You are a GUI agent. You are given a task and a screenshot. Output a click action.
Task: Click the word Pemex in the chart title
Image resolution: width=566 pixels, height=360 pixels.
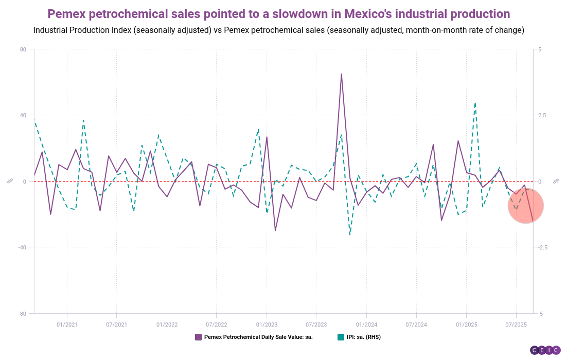click(69, 14)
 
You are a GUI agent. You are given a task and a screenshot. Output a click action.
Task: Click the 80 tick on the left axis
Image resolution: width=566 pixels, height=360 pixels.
click(23, 49)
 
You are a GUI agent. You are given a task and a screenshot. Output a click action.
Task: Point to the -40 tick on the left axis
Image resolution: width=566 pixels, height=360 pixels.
click(22, 247)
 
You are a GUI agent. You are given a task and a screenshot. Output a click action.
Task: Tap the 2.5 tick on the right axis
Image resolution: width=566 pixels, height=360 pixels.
click(542, 115)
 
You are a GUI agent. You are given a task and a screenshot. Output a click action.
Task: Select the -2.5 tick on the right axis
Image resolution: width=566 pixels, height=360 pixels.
click(543, 247)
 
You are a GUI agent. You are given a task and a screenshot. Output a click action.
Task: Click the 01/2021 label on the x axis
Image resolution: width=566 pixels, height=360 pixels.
click(67, 325)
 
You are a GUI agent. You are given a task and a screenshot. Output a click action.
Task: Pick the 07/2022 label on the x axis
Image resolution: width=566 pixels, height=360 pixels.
click(216, 325)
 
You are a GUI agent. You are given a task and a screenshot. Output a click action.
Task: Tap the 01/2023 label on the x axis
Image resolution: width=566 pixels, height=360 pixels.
click(266, 325)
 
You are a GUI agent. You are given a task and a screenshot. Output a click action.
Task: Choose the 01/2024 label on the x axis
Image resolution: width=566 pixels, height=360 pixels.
click(366, 325)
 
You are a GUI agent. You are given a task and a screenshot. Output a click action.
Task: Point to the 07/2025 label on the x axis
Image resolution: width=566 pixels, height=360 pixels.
click(516, 325)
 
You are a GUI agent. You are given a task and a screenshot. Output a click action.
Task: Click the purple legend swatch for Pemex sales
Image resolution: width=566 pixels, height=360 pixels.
click(198, 337)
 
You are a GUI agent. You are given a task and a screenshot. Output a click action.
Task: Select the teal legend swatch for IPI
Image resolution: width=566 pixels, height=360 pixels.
click(341, 337)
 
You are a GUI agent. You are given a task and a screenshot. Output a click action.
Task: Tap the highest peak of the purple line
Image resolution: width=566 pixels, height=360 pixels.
click(341, 74)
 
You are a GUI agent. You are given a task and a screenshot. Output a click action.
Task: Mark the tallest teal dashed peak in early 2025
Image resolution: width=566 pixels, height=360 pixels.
click(475, 103)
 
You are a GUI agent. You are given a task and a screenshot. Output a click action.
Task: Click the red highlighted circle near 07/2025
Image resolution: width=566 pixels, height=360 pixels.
click(525, 205)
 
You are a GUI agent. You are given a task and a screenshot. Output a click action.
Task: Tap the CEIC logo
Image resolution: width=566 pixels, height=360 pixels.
click(545, 350)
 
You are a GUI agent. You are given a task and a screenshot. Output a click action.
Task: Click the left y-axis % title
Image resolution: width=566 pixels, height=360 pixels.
click(9, 181)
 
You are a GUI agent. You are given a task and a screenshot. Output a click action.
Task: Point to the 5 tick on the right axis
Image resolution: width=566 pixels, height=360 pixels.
click(539, 49)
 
